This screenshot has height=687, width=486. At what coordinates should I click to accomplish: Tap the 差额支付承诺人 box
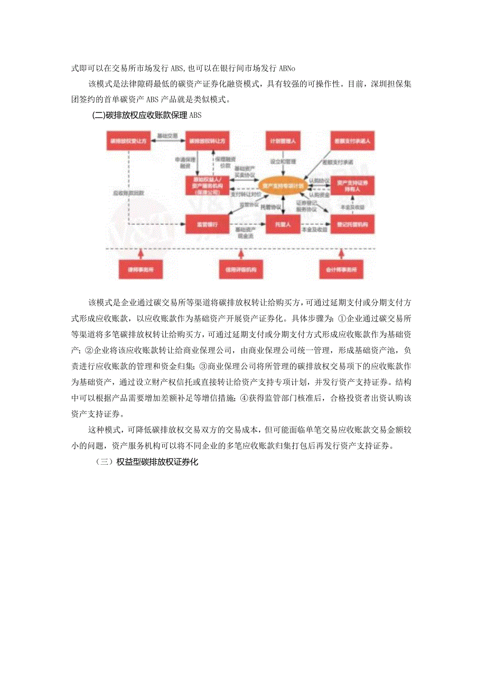click(x=352, y=142)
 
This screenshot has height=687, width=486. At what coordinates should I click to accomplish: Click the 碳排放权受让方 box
click(x=127, y=142)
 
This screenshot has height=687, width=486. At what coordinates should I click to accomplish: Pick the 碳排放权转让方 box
click(x=208, y=142)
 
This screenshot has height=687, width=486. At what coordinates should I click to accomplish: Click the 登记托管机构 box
click(x=352, y=224)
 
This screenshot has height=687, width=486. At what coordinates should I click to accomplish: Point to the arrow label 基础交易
click(x=167, y=136)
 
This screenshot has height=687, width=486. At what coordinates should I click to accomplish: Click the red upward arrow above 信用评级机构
click(x=240, y=254)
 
